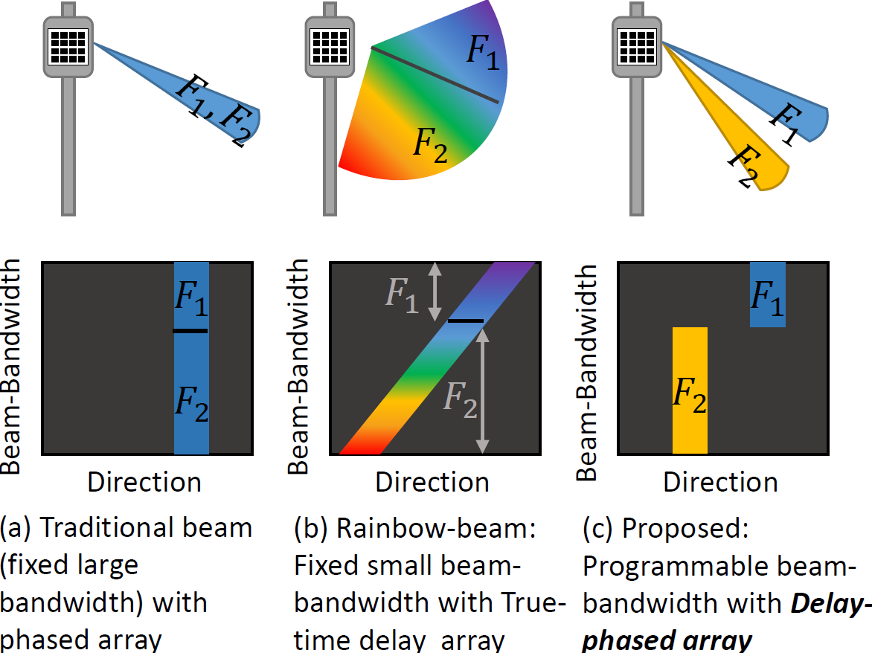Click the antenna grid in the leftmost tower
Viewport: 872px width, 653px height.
tap(68, 47)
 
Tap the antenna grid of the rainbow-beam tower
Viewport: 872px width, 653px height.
tap(330, 47)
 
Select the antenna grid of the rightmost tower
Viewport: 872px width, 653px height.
tap(638, 47)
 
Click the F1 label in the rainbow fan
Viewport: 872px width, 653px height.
tap(483, 51)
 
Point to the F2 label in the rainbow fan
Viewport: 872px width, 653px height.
tap(430, 144)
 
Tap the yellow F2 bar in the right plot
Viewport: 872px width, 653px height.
tap(690, 390)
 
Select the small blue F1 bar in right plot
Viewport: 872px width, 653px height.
tap(767, 295)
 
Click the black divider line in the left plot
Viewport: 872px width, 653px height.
tap(190, 331)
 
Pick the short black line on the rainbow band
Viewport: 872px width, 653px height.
tap(466, 321)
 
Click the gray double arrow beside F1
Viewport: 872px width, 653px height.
tap(435, 292)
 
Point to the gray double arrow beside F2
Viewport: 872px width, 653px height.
tap(483, 390)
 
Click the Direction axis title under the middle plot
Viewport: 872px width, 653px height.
tap(432, 482)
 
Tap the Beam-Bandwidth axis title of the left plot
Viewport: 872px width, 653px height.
tap(10, 366)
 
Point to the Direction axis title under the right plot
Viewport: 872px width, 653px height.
tap(720, 482)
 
